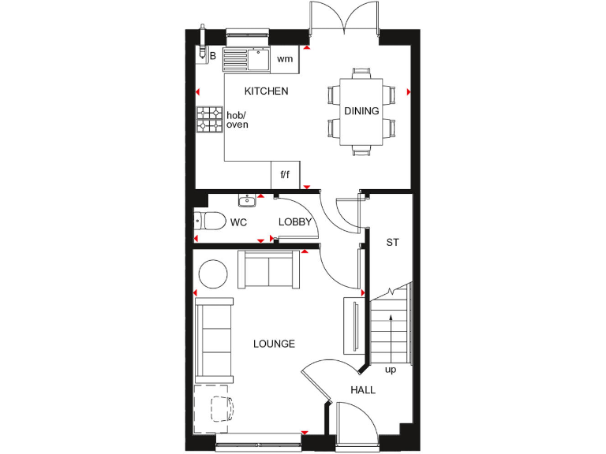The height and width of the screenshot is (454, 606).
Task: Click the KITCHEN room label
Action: click(x=266, y=91)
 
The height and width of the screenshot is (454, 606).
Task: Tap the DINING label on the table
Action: click(x=361, y=111)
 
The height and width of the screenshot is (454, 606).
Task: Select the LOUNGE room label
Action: click(x=274, y=344)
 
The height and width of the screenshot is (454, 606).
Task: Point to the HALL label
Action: click(x=363, y=389)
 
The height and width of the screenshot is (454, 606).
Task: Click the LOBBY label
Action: click(x=295, y=222)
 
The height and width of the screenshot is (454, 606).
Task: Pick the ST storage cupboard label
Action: click(x=392, y=242)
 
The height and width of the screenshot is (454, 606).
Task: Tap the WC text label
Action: click(x=238, y=223)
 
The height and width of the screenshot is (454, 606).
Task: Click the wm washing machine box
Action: click(x=285, y=59)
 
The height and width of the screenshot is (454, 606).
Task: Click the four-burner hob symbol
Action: click(x=210, y=120)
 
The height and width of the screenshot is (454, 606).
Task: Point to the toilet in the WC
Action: click(x=210, y=221)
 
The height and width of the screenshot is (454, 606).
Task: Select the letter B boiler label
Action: click(x=212, y=56)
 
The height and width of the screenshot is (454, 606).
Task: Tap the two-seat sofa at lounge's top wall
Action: click(x=269, y=270)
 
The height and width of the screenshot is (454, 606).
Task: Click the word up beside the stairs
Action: click(x=390, y=370)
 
